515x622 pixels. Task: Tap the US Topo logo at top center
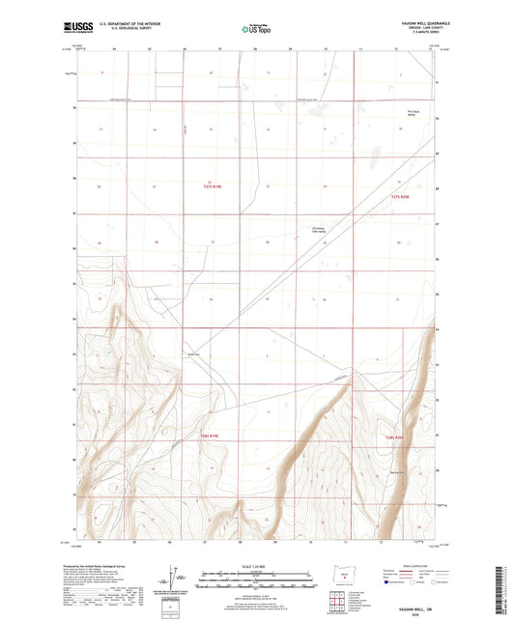click(256, 29)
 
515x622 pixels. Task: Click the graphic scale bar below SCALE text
click(256, 580)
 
